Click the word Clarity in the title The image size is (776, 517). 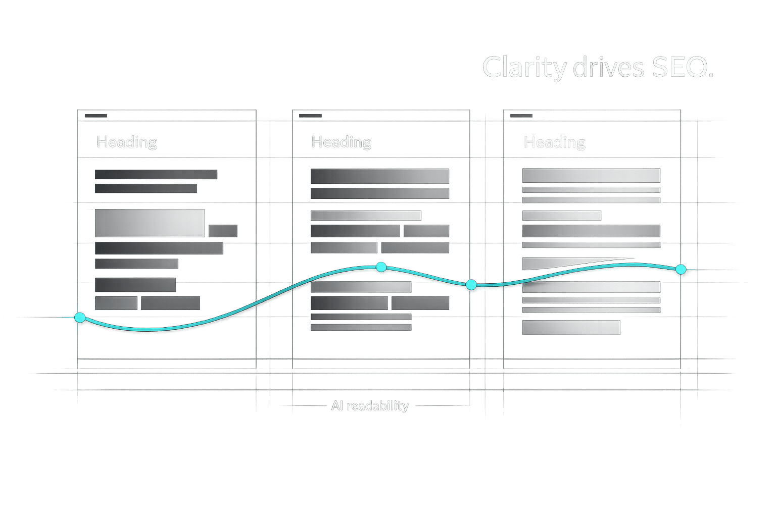[524, 68]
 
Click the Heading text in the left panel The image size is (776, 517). [127, 142]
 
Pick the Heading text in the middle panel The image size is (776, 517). [342, 142]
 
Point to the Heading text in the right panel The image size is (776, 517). [555, 142]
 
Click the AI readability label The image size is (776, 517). [370, 405]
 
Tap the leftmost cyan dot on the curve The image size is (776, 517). [80, 318]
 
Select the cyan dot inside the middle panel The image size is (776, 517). [381, 267]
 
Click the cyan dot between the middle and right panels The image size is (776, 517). [471, 285]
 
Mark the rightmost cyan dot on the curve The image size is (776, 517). [681, 269]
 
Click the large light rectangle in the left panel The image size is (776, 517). [150, 223]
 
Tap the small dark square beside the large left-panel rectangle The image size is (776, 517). [223, 231]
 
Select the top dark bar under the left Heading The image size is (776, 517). [156, 175]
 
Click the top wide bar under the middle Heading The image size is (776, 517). [379, 176]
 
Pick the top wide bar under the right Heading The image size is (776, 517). [591, 176]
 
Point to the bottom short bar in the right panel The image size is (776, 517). [571, 328]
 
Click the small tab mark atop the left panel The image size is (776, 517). [96, 116]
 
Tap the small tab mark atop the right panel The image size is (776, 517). [521, 116]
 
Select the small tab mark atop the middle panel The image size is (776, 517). [310, 116]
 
